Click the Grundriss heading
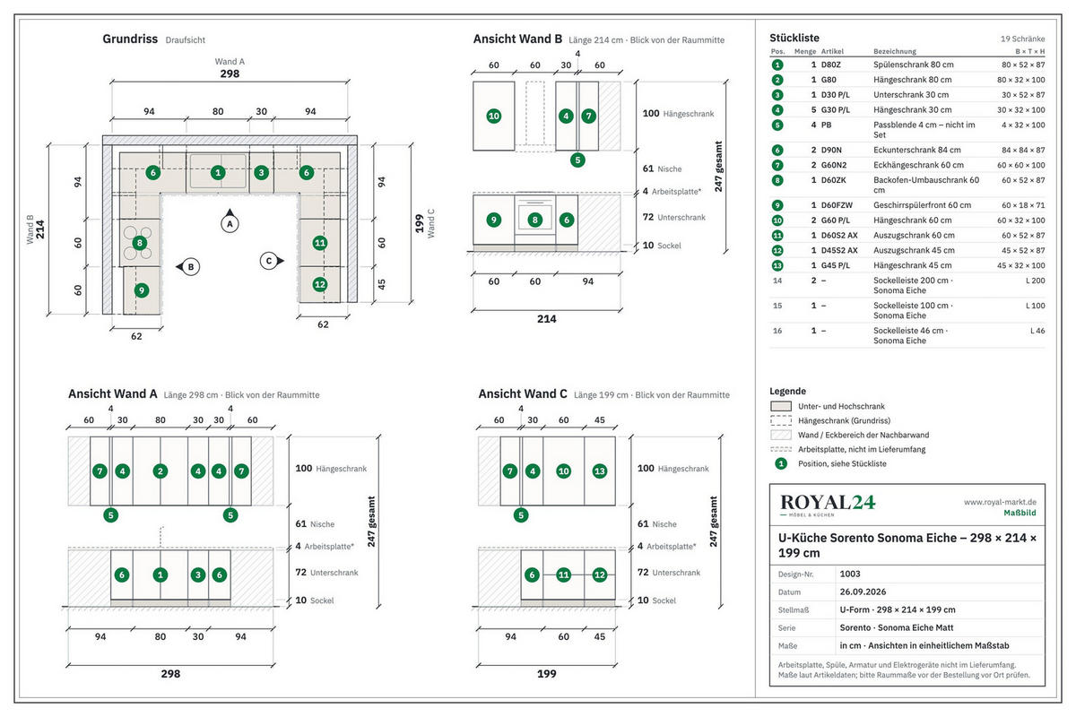click(130, 39)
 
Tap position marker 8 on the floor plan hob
click(140, 243)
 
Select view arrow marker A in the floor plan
click(230, 223)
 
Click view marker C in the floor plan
click(272, 261)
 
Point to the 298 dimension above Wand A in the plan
click(230, 73)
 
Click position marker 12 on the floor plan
click(320, 284)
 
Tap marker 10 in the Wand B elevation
click(494, 116)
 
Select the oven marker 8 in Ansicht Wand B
click(534, 220)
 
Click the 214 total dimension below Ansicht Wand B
click(547, 319)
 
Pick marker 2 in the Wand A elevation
click(161, 471)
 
